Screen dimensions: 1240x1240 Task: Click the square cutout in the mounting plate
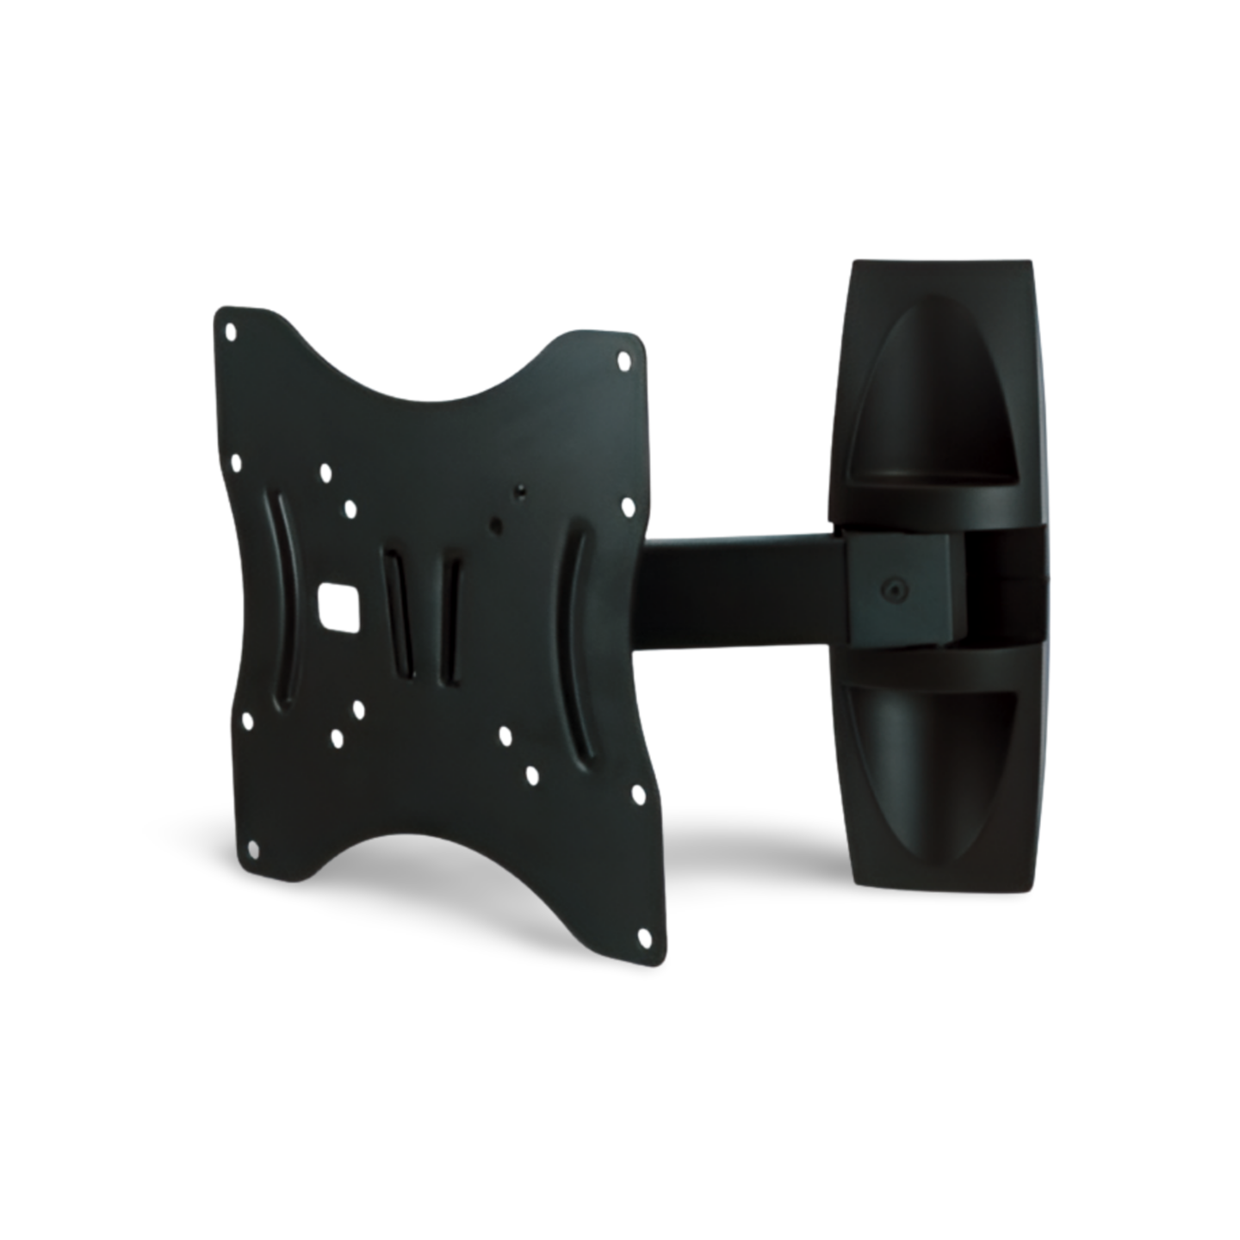337,604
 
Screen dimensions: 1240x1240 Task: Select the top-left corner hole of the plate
230,330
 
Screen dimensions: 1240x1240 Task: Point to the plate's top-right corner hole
623,363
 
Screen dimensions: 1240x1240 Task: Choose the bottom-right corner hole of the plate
644,934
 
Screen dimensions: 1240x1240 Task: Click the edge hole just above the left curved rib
237,465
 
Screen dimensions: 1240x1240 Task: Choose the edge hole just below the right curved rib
638,792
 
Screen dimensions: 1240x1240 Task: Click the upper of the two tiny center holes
521,492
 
